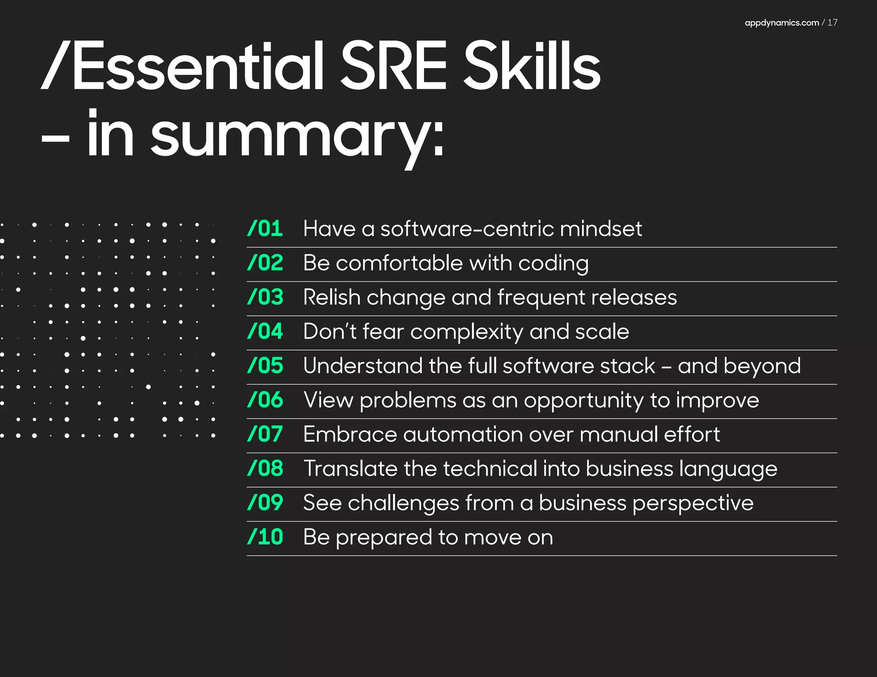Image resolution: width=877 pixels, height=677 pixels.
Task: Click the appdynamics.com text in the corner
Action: click(782, 23)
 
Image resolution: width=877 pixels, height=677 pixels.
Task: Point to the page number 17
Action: click(832, 23)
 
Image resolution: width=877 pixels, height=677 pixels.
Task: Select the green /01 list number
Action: click(265, 228)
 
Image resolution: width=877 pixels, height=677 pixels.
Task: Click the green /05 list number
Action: click(265, 365)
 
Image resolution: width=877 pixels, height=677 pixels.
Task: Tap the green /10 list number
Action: click(265, 537)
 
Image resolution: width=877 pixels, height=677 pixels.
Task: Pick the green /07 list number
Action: click(265, 434)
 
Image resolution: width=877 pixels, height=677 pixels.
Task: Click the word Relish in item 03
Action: click(331, 297)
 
